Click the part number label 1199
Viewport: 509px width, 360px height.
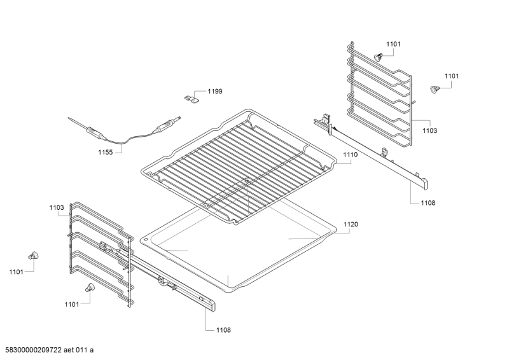click(x=215, y=91)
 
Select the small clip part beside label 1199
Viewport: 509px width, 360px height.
click(x=192, y=99)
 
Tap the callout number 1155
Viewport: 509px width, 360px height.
click(x=106, y=152)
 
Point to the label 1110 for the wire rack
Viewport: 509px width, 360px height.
click(x=351, y=155)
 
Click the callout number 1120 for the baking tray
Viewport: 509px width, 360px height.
click(x=351, y=225)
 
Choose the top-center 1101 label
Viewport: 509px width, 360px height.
click(x=393, y=44)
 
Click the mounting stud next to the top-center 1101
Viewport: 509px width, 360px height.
click(x=378, y=57)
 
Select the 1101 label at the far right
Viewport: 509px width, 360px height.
click(x=452, y=76)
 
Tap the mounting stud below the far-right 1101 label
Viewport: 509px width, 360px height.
click(x=434, y=89)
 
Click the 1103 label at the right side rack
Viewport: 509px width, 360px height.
click(x=430, y=130)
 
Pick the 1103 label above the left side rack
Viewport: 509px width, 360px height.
click(x=57, y=207)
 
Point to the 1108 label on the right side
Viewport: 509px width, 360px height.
click(x=428, y=203)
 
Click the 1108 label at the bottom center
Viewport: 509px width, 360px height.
click(x=224, y=330)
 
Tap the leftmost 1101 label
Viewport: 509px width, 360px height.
click(x=17, y=272)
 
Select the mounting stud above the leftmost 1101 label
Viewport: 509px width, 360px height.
click(x=33, y=256)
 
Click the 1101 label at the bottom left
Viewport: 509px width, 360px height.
click(x=72, y=304)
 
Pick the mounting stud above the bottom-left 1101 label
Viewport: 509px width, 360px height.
click(x=89, y=287)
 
